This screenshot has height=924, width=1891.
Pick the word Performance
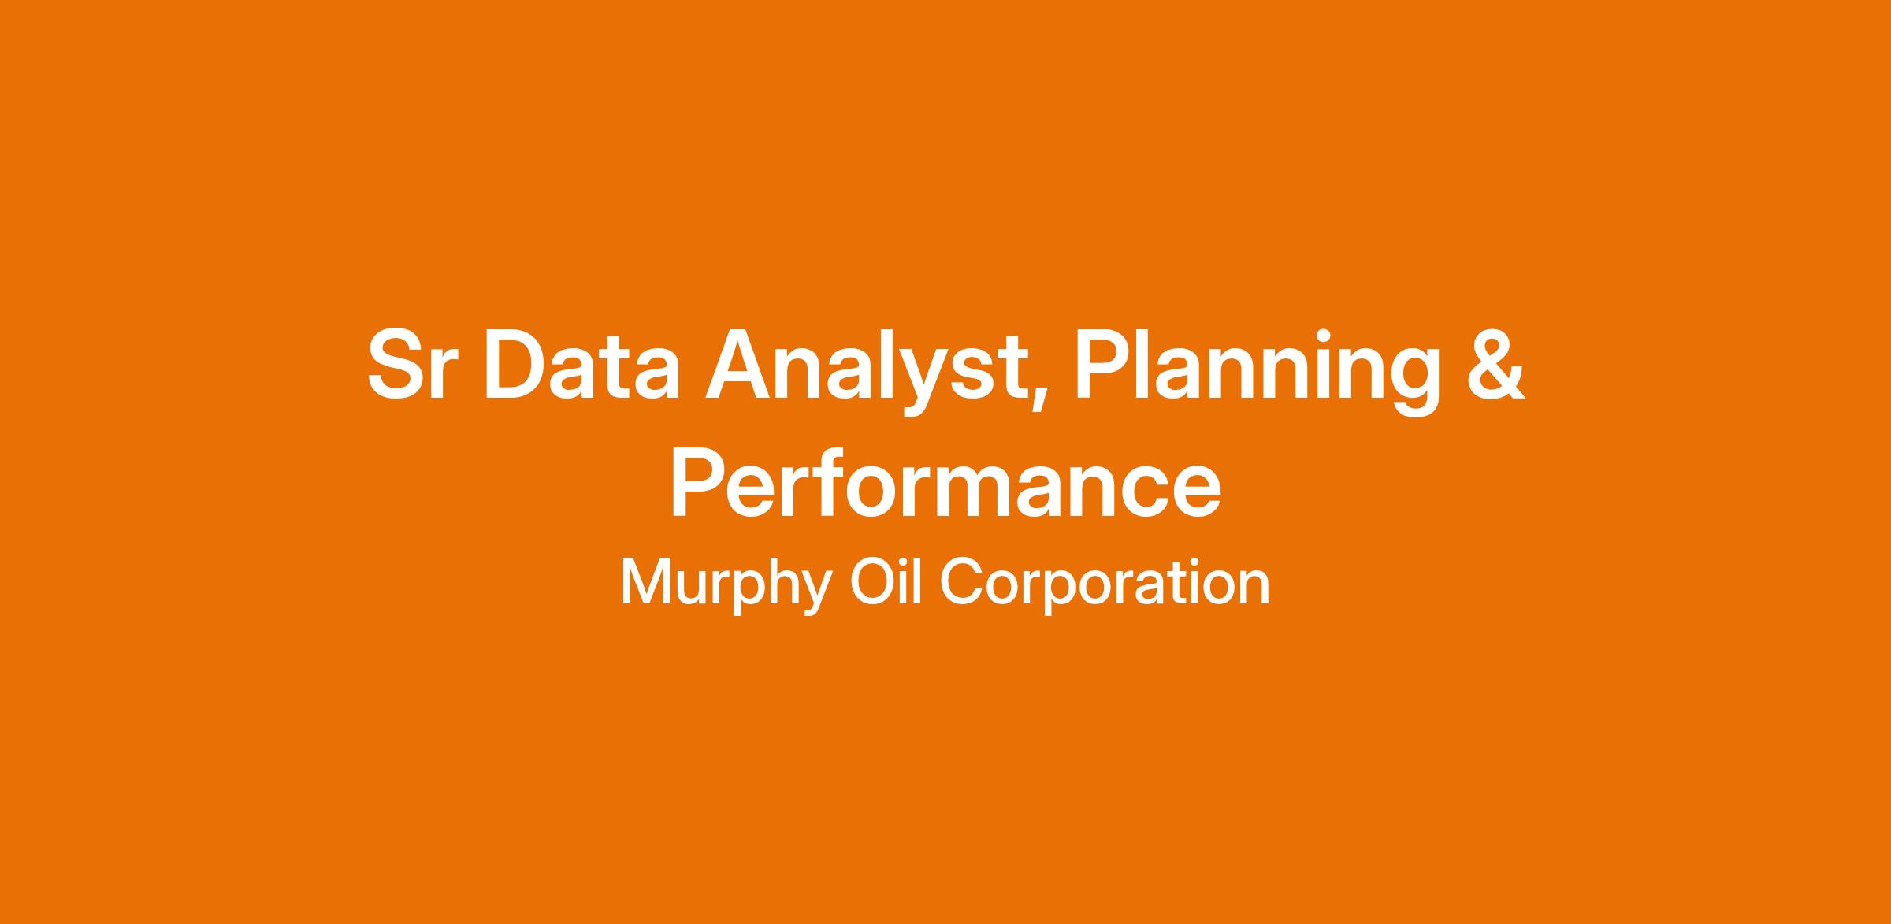click(x=945, y=483)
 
